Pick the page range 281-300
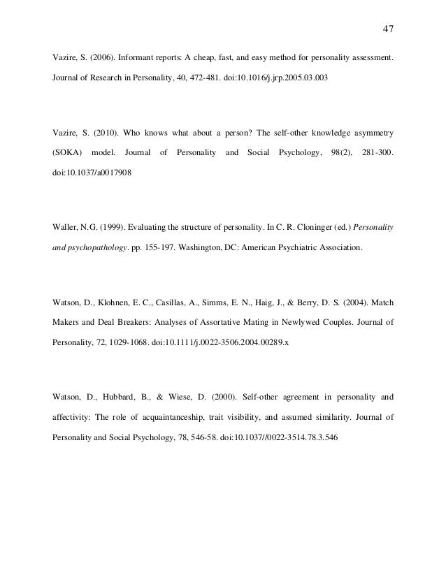379,152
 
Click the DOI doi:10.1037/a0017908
86,171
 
